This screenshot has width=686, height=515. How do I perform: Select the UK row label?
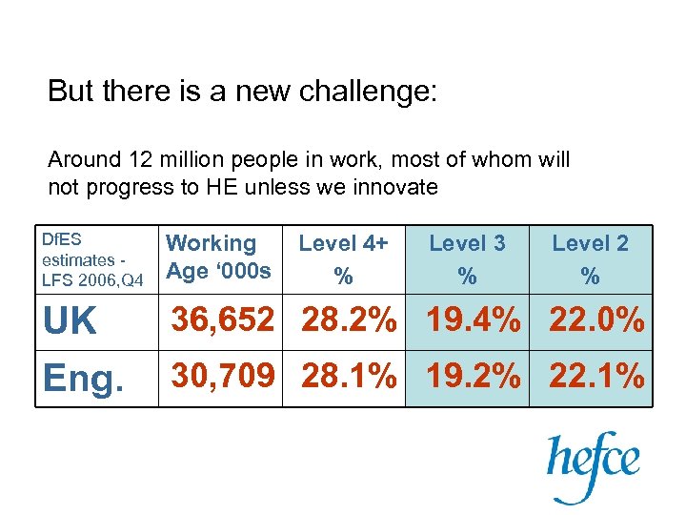71,322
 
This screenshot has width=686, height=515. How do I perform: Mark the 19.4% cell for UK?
474,321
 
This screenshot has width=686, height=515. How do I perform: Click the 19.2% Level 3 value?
474,379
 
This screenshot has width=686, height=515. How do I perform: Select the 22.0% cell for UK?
596,321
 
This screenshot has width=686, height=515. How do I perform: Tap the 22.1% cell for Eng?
596,379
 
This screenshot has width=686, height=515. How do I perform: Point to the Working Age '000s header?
219,257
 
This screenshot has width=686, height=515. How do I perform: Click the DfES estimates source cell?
93,257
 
